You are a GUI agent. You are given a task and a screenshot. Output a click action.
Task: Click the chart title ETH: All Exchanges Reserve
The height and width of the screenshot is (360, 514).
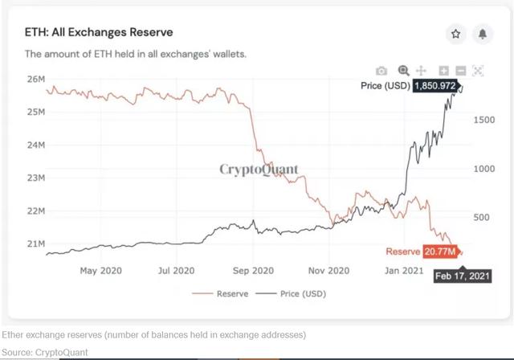[x=99, y=32]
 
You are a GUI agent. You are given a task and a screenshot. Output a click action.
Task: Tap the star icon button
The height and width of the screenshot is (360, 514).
[x=455, y=34]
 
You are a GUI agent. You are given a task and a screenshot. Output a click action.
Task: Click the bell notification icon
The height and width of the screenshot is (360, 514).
[x=483, y=34]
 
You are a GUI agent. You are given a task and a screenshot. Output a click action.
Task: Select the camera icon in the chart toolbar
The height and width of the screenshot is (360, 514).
[x=382, y=71]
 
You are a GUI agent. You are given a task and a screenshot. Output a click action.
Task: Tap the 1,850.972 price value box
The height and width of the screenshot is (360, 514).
[x=436, y=85]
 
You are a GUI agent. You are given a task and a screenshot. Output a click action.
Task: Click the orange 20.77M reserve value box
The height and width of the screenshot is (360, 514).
[x=441, y=252]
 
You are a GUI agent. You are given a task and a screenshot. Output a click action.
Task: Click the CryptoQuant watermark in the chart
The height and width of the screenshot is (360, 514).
[x=259, y=170]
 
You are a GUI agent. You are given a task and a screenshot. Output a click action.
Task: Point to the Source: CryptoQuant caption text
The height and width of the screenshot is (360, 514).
[x=45, y=351]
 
